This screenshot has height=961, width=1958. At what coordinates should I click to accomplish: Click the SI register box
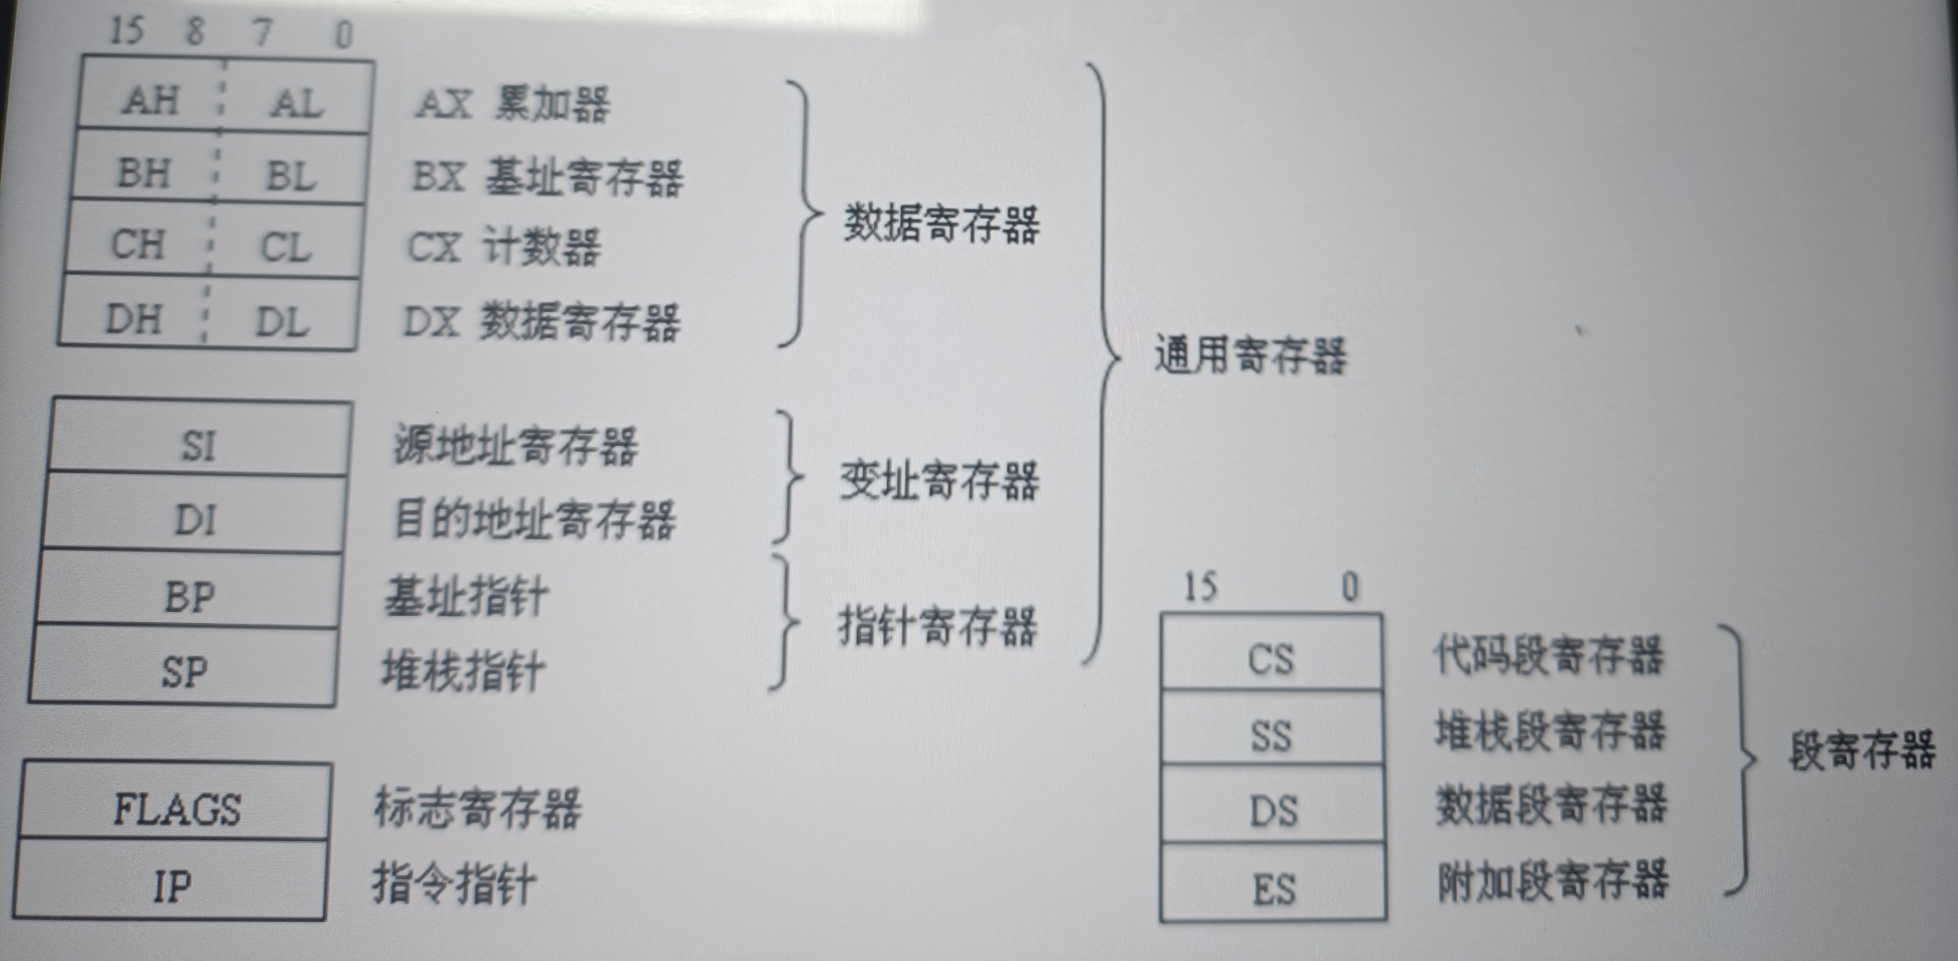198,445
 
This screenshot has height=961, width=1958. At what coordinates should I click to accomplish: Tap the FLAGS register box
177,808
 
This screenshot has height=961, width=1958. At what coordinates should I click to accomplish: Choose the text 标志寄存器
477,808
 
